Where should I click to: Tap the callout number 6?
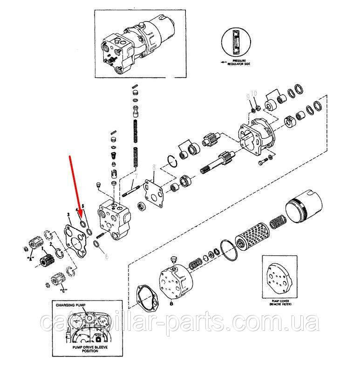106,256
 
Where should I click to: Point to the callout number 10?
254,94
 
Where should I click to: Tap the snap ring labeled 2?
60,252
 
